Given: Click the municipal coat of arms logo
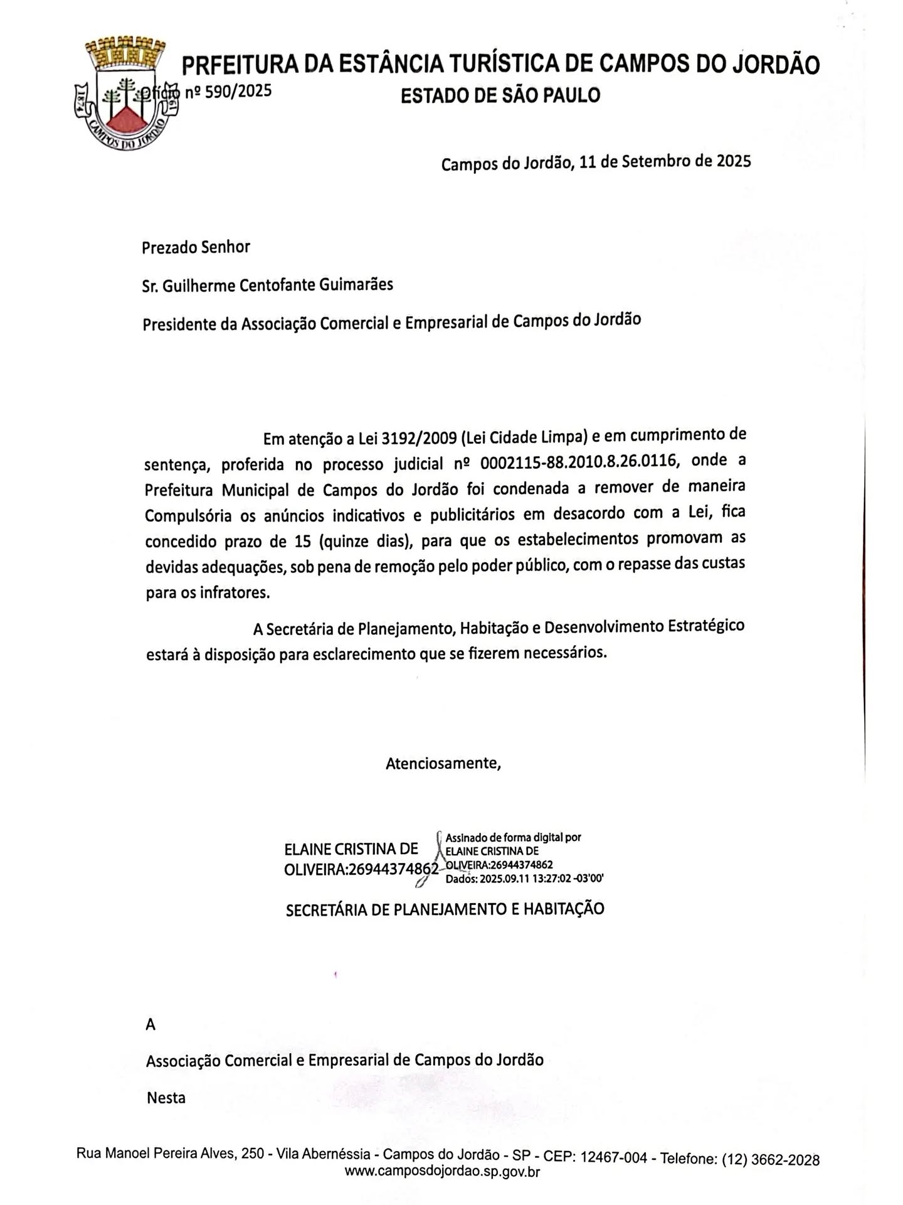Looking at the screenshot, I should pos(125,94).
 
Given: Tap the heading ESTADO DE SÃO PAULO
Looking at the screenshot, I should pos(500,95).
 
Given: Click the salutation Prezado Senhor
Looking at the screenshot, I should pos(196,247).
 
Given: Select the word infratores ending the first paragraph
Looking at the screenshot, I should pos(235,592).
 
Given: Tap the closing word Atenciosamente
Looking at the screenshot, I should pos(443,764).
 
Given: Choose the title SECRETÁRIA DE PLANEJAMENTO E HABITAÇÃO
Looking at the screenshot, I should pos(445,909).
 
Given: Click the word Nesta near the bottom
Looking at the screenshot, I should pos(166,1098).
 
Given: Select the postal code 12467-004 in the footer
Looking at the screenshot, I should pos(613,1157).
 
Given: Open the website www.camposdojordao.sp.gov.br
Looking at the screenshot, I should pos(442,1171).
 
